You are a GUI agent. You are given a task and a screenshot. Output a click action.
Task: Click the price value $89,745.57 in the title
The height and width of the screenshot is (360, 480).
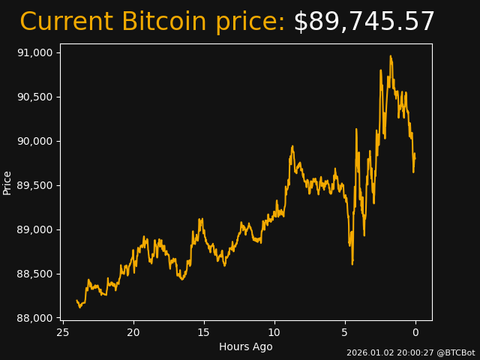click(x=364, y=22)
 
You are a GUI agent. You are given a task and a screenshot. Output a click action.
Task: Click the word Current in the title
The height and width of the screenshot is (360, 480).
click(x=66, y=22)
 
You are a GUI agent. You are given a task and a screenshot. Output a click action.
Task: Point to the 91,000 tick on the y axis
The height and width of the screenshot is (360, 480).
click(x=34, y=52)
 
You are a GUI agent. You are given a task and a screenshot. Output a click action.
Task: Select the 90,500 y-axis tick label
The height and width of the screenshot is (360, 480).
click(x=34, y=97)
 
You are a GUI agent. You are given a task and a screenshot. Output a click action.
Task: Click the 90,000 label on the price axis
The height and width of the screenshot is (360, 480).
click(x=34, y=141)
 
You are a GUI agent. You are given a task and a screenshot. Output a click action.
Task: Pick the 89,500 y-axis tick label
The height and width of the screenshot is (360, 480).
click(x=34, y=185)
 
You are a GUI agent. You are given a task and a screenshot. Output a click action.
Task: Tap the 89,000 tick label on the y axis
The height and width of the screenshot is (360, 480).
click(x=34, y=229)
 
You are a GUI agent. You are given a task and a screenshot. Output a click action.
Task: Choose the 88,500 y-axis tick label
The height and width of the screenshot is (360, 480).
click(x=34, y=274)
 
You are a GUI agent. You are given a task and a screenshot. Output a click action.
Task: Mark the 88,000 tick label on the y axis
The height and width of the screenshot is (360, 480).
click(x=34, y=318)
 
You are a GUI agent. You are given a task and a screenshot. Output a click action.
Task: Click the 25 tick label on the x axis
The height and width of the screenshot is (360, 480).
click(x=63, y=332)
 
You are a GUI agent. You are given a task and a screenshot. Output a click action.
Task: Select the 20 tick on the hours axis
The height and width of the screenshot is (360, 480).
click(x=133, y=332)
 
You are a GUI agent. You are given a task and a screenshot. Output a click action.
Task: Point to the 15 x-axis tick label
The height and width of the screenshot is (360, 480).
click(x=204, y=332)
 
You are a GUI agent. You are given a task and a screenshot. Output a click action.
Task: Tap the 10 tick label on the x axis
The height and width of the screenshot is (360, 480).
click(x=274, y=332)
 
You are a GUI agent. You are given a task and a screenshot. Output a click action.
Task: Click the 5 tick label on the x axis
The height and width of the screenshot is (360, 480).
click(x=345, y=332)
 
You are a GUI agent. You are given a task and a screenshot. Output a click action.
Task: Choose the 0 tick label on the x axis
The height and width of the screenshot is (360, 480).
click(x=415, y=332)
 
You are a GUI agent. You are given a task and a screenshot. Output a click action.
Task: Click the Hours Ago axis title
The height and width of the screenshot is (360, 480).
click(x=246, y=346)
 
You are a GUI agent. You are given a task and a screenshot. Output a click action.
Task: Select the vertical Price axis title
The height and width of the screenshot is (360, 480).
click(x=7, y=182)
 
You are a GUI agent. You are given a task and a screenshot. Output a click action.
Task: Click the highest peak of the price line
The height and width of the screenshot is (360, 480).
click(x=390, y=56)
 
